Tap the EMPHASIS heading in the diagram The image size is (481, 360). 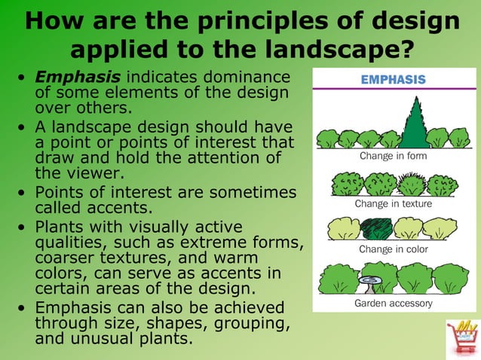(x=394, y=79)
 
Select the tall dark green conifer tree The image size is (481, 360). (x=413, y=124)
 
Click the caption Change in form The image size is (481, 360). (x=393, y=157)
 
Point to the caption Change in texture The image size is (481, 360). (x=393, y=203)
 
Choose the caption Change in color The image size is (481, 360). (x=393, y=249)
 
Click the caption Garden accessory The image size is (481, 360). (x=393, y=304)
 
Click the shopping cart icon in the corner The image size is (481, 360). (x=461, y=337)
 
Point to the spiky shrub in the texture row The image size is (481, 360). (x=412, y=184)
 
